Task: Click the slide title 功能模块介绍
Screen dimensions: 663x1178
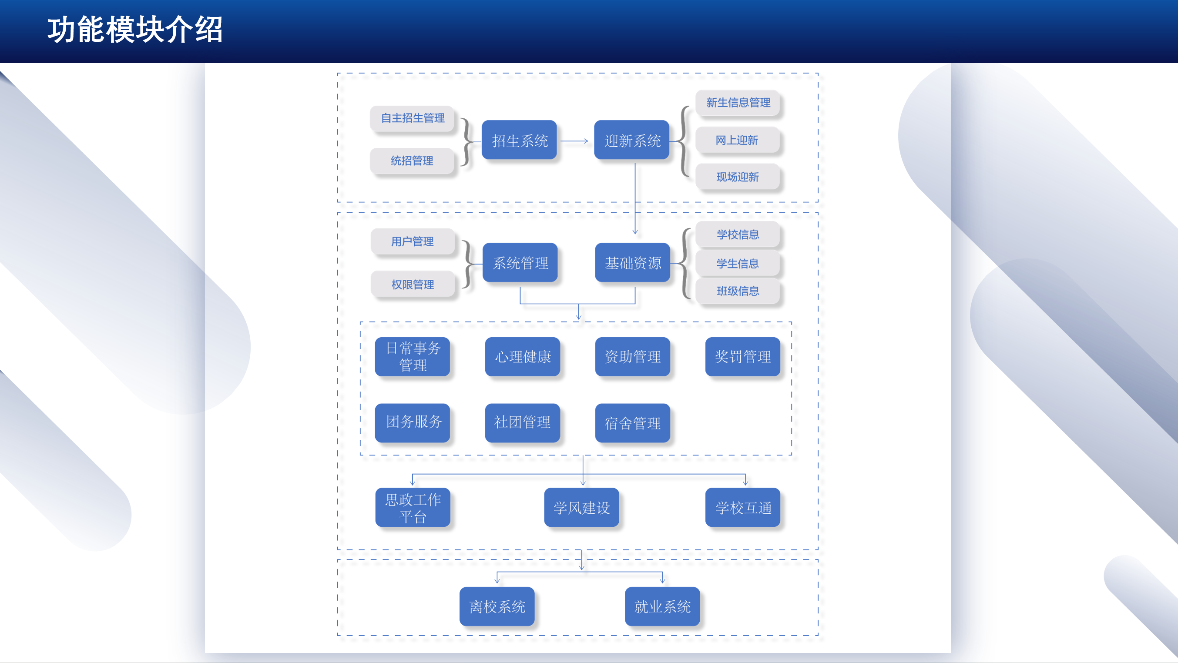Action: click(x=135, y=30)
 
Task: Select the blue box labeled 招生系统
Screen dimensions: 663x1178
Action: click(x=520, y=141)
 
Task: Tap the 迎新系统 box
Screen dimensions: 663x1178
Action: click(x=632, y=141)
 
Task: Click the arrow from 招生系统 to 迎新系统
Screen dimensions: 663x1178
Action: click(x=574, y=141)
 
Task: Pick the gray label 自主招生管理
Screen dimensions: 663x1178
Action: click(x=413, y=118)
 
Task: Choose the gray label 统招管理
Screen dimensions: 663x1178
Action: click(x=412, y=161)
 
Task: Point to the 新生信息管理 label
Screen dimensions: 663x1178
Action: click(x=738, y=103)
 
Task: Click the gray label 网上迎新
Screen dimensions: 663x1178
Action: click(x=737, y=141)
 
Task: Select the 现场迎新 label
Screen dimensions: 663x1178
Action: click(x=737, y=177)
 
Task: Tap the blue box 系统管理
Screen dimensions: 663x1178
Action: click(x=520, y=263)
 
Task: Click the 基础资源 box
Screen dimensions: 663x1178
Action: click(x=633, y=263)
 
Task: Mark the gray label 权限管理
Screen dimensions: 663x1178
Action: click(x=413, y=285)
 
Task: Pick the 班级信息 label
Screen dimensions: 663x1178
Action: click(x=738, y=291)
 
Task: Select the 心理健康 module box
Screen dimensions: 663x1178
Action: click(x=523, y=357)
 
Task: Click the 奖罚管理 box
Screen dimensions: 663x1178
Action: click(x=743, y=357)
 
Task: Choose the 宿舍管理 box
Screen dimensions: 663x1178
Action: click(x=632, y=423)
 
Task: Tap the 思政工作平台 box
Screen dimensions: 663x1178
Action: click(x=413, y=508)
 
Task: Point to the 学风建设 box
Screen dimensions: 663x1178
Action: click(x=582, y=508)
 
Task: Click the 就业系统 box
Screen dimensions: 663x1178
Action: click(x=662, y=607)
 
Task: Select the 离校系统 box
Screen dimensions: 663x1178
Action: click(x=497, y=607)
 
